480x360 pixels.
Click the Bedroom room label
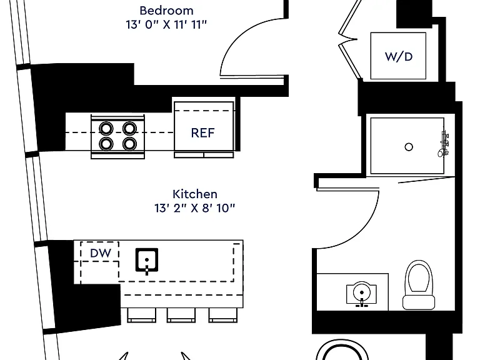tap(166, 11)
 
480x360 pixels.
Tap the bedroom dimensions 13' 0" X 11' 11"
tap(166, 24)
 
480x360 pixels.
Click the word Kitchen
tap(195, 194)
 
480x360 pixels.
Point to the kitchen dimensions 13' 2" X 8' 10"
tap(195, 208)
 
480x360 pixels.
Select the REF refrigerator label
tap(203, 133)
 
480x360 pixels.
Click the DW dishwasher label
tap(101, 253)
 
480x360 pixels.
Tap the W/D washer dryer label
tap(399, 57)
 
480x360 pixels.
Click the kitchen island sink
tap(147, 261)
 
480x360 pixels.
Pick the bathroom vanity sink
tap(361, 293)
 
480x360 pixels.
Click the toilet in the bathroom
tap(419, 285)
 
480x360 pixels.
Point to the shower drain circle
tap(409, 147)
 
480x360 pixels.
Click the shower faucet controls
tap(444, 144)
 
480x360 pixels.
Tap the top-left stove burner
tap(106, 128)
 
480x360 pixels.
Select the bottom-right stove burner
tap(129, 144)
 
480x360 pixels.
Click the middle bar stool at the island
tap(181, 315)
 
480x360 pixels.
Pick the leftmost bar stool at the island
tap(141, 315)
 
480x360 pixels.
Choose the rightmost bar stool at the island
tap(223, 315)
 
